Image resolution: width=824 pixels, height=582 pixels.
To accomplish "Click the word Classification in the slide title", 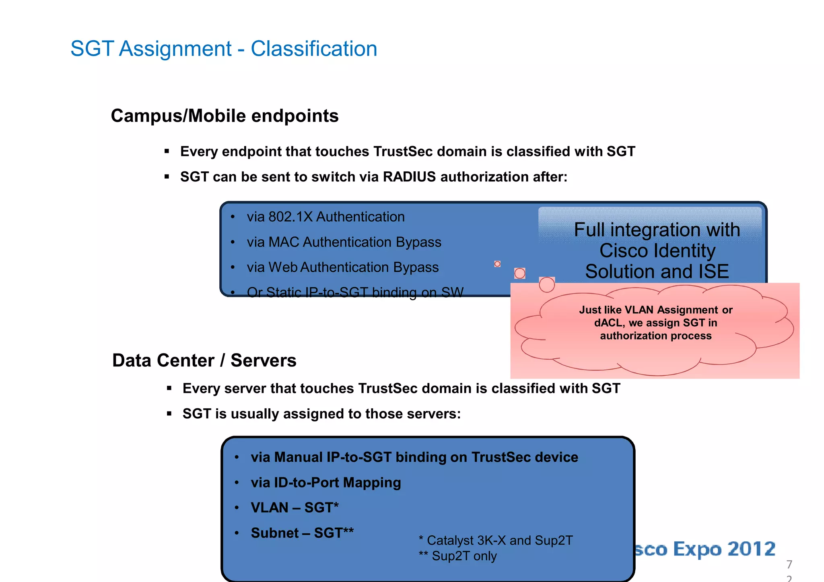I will (314, 49).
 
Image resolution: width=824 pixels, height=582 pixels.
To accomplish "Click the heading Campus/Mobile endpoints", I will (225, 116).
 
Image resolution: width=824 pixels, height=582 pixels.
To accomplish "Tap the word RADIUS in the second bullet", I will (409, 177).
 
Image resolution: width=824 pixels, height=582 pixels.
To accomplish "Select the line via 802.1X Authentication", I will (325, 217).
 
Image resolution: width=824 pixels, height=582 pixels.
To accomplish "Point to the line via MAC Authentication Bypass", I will (344, 242).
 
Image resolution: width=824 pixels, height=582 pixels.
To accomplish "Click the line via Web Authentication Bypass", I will (342, 267).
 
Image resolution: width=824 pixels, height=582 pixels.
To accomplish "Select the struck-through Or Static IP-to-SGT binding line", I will (355, 292).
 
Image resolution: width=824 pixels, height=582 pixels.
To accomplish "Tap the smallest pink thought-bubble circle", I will (497, 264).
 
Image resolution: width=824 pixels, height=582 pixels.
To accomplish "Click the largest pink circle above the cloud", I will (547, 284).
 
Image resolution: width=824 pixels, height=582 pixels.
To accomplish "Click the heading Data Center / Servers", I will (204, 360).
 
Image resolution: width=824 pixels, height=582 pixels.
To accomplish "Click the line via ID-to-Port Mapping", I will (325, 483).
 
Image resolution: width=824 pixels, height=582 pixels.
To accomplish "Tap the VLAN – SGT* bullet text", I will (295, 508).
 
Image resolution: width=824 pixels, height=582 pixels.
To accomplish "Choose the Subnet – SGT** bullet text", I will (302, 533).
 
